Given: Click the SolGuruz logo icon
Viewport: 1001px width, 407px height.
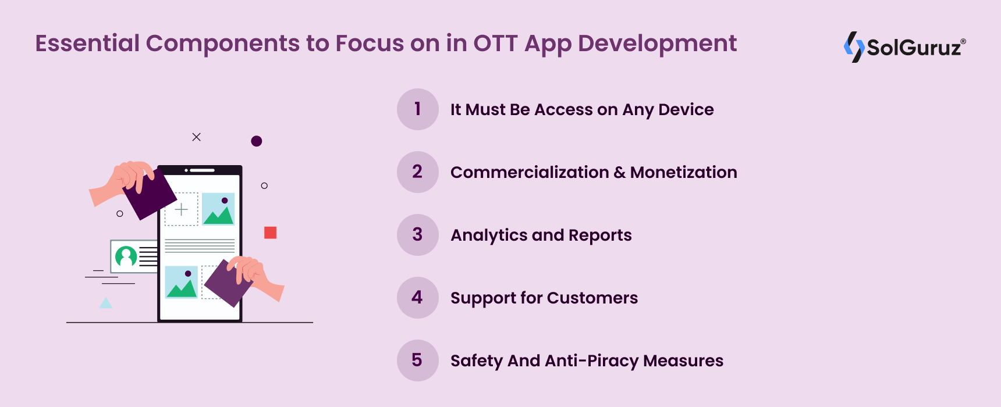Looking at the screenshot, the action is pyautogui.click(x=854, y=47).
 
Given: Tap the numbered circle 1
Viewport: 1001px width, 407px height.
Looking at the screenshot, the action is pyautogui.click(x=418, y=109).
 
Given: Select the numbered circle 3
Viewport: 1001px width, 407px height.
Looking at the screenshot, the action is pyautogui.click(x=418, y=235).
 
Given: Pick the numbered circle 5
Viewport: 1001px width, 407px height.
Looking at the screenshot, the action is pyautogui.click(x=418, y=360).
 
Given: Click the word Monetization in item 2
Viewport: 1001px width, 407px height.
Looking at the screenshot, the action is pyautogui.click(x=683, y=172).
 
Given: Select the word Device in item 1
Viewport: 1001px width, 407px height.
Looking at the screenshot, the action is pyautogui.click(x=686, y=109).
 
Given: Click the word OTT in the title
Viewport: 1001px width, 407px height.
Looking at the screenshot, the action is pyautogui.click(x=495, y=44).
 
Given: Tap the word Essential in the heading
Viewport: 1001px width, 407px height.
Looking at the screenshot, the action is pyautogui.click(x=87, y=44).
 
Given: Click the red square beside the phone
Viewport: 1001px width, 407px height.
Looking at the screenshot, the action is pyautogui.click(x=270, y=233).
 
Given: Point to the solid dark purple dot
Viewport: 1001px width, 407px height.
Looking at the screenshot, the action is pyautogui.click(x=257, y=141).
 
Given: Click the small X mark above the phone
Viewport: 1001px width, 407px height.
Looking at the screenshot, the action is pyautogui.click(x=197, y=137).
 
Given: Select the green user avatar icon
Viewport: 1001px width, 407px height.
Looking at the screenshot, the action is pyautogui.click(x=126, y=256).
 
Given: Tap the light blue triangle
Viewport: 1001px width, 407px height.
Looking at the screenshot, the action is pyautogui.click(x=106, y=303).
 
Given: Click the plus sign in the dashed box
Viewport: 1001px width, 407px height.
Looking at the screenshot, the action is pyautogui.click(x=182, y=209).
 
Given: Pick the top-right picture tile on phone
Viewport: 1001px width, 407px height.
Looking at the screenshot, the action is pyautogui.click(x=218, y=209).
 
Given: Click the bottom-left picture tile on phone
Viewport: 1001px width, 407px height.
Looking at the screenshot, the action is pyautogui.click(x=182, y=282).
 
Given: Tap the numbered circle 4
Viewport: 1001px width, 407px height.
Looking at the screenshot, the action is pyautogui.click(x=418, y=298).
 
